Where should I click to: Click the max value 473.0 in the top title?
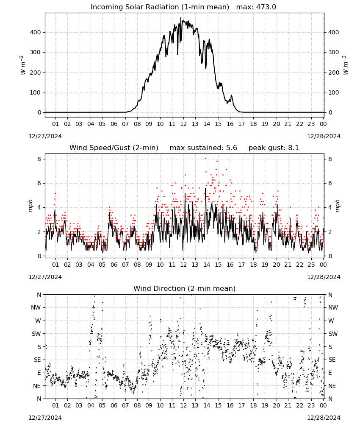pos(266,7)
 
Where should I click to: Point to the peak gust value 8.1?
pos(294,148)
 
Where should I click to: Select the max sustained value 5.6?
pos(232,148)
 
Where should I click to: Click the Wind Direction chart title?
pos(185,288)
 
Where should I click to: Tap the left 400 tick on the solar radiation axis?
pos(36,33)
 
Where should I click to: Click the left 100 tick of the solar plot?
pos(36,92)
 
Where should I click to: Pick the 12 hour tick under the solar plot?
pos(183,124)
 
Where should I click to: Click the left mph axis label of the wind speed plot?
pos(30,206)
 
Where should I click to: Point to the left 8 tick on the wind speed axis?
pos(39,159)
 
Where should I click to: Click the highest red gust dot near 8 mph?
pos(205,159)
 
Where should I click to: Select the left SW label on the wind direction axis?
pos(36,334)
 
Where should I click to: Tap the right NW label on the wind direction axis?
pos(333,307)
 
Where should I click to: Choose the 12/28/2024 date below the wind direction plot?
pos(324,418)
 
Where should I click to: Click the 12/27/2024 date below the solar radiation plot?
pos(45,136)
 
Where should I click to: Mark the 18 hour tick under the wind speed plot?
pos(253,265)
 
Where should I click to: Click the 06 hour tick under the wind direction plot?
pos(114,405)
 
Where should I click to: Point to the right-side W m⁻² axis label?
pos(346,65)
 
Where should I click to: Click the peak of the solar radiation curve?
pos(181,17)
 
